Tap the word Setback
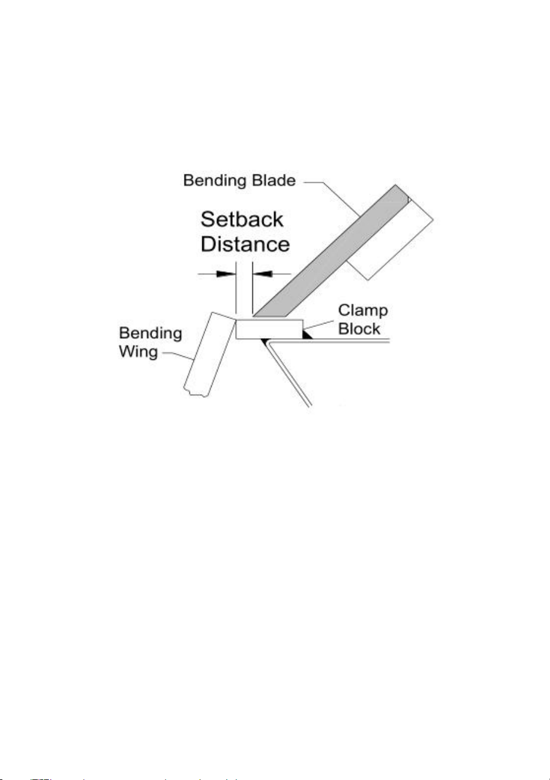(242, 219)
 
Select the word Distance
(245, 244)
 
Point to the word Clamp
(363, 311)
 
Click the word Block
(359, 329)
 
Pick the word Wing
(139, 352)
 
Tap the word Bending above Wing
(150, 334)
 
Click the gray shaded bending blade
(331, 251)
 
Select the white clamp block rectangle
(269, 329)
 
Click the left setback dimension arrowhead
(226, 274)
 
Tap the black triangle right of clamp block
(307, 335)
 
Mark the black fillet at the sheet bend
(266, 341)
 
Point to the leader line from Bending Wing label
(177, 355)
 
